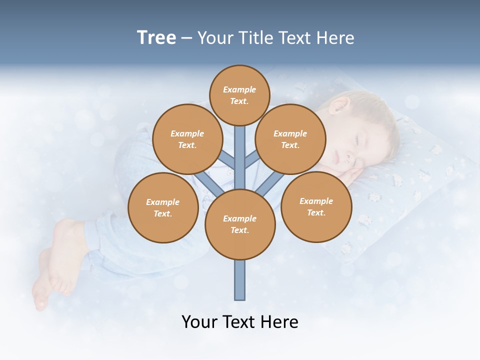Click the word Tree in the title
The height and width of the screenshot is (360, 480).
tap(156, 38)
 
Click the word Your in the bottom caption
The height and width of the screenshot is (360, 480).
tap(199, 321)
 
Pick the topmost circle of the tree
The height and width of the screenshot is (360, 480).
tap(239, 95)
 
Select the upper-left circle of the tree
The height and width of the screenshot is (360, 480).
tap(187, 139)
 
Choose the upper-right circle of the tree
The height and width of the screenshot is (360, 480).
tap(290, 139)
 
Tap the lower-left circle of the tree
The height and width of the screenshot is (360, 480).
tap(163, 207)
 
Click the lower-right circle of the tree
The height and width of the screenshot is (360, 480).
tap(316, 206)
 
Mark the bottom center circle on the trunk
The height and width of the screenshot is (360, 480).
tap(240, 224)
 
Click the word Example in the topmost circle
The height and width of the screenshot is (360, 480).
tap(239, 89)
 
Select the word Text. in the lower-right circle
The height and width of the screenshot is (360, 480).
tap(316, 212)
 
